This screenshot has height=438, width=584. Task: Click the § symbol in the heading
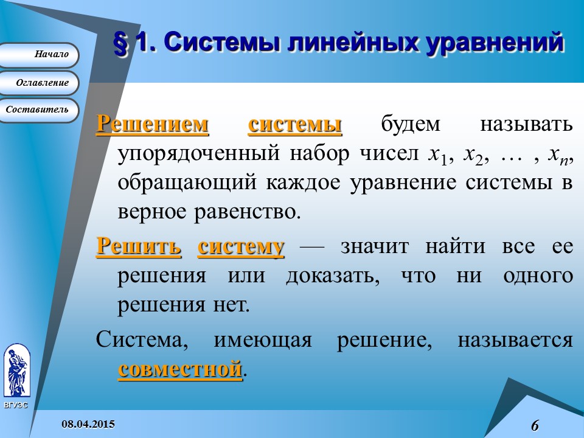[121, 44]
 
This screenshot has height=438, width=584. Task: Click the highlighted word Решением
[153, 124]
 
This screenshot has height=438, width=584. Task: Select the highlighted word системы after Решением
[295, 124]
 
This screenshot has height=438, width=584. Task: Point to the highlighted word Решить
[139, 247]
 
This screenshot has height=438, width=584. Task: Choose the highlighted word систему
[242, 247]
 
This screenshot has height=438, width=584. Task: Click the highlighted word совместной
[180, 369]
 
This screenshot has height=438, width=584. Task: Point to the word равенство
[249, 212]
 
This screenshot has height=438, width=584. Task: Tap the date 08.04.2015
[88, 423]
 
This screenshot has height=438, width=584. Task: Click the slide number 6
[535, 425]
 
